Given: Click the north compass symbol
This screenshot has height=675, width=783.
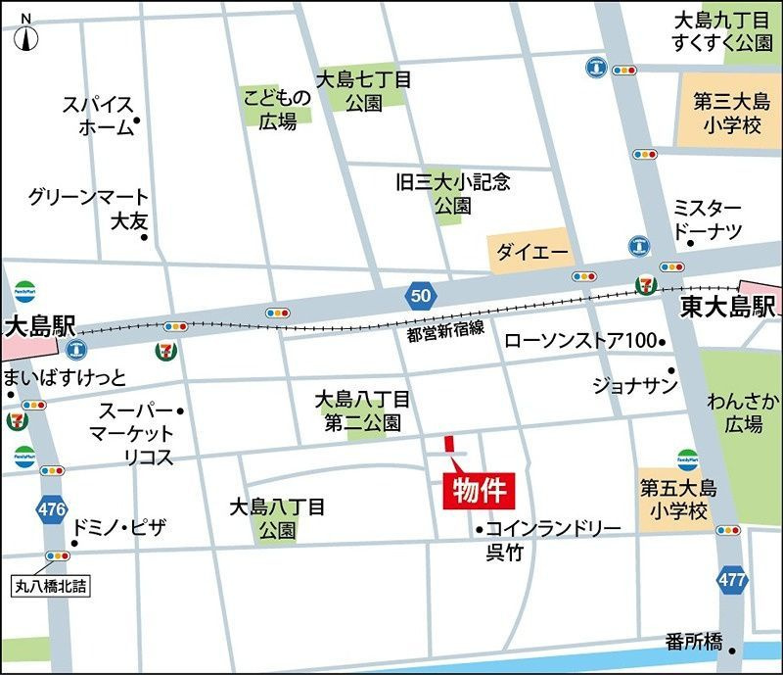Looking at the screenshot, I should pos(25,32).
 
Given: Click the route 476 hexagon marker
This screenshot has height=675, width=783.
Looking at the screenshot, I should pos(51,508).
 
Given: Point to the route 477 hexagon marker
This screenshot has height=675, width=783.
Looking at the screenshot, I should pos(730,580).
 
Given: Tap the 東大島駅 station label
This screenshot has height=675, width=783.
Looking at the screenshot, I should pos(729,305).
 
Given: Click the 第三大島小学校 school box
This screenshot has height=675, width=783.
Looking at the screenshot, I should pos(727,112).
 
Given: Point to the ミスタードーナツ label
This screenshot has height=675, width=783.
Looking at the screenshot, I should pos(707,219).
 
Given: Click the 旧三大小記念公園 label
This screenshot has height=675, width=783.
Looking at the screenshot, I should pos(452,193).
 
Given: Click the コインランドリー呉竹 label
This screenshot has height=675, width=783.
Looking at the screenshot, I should pos(548,540).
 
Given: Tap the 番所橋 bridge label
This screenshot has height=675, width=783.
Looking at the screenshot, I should pos(693,643).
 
